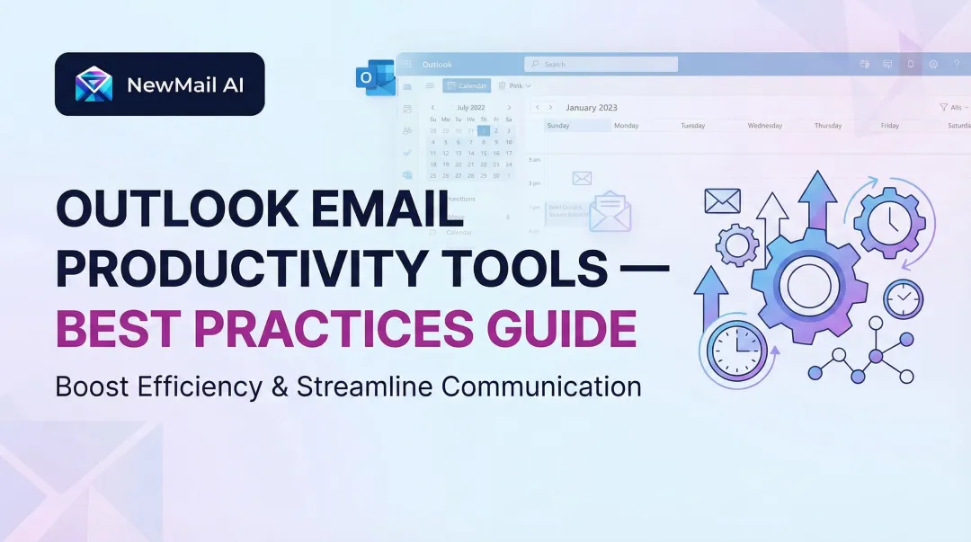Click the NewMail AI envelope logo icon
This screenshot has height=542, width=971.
tap(94, 84)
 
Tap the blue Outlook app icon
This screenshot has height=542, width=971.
tap(376, 77)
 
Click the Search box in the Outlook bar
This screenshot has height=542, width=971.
tap(601, 65)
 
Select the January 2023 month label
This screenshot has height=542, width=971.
tap(592, 108)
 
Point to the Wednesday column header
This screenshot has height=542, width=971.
tap(764, 126)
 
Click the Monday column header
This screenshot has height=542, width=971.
tap(626, 126)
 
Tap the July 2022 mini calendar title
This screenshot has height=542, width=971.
tap(471, 108)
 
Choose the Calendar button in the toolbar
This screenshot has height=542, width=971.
tap(467, 86)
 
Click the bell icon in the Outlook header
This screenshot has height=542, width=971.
tap(910, 65)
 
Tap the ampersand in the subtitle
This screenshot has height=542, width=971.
tap(278, 387)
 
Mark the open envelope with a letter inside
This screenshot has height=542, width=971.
tap(610, 212)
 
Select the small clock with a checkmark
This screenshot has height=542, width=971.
tap(903, 299)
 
